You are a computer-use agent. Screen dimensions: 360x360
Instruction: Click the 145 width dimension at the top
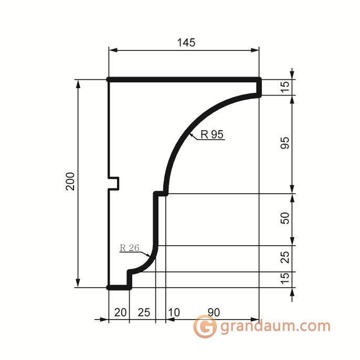tap(186, 43)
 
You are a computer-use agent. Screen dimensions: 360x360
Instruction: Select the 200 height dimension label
tap(70, 181)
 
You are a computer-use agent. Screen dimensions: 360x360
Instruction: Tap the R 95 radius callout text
tap(211, 134)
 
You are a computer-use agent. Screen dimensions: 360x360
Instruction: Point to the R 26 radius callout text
tap(130, 248)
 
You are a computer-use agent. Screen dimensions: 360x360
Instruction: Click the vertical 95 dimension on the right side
tap(285, 143)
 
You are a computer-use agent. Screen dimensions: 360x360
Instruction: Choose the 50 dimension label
tap(285, 218)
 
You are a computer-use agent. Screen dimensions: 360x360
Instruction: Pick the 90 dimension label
tap(214, 312)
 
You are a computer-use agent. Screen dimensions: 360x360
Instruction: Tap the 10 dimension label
tap(174, 312)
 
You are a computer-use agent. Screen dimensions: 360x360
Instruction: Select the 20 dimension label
tap(120, 312)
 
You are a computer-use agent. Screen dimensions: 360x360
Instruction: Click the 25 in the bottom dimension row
tap(144, 312)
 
